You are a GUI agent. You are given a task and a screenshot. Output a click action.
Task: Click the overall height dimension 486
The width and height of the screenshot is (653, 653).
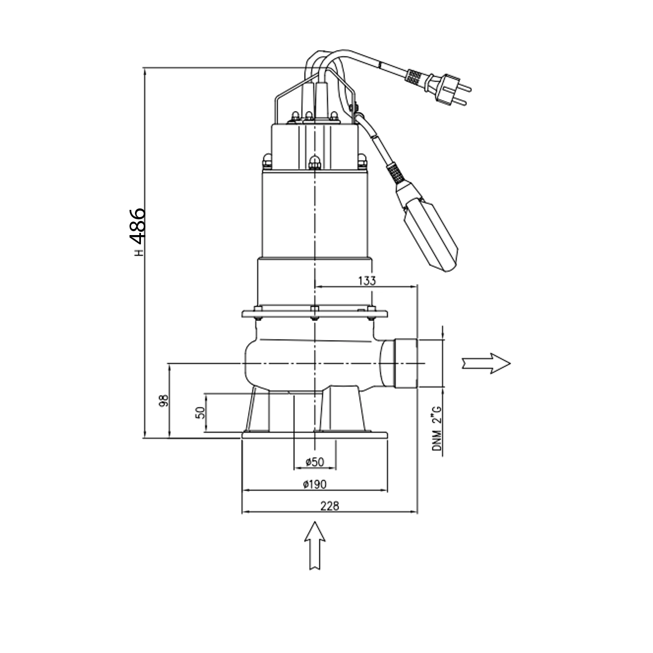click(138, 226)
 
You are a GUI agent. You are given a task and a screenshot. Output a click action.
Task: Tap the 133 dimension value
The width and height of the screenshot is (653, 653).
click(367, 280)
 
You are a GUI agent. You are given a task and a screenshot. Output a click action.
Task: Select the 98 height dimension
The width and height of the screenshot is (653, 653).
click(164, 401)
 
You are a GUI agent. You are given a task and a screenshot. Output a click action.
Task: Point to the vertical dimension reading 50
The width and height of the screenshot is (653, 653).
click(201, 412)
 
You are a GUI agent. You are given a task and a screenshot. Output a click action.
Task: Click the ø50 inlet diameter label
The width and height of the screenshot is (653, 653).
click(315, 461)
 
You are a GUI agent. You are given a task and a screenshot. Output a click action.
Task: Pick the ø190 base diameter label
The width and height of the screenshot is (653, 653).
click(315, 485)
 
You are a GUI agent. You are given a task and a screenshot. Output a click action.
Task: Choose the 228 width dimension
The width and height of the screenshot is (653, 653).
click(330, 506)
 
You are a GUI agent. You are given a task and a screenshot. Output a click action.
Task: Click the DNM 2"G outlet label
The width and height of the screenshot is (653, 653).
click(437, 428)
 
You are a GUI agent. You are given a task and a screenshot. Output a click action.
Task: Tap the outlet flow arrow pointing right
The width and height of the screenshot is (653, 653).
click(486, 364)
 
